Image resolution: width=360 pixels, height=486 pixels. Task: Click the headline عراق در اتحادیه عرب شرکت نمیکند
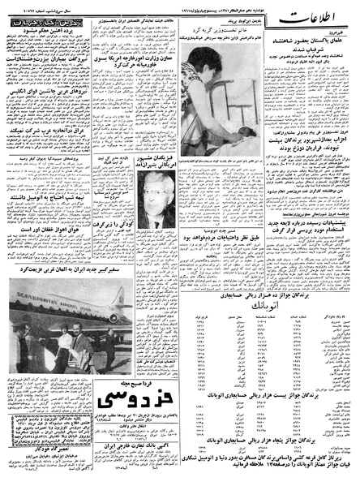45,171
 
